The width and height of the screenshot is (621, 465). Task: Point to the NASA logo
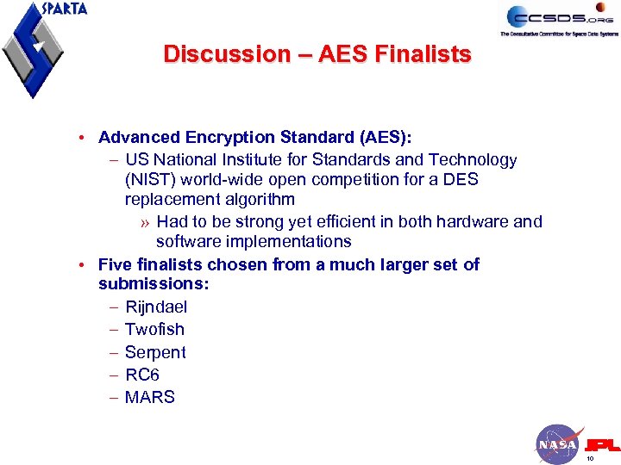coord(556,444)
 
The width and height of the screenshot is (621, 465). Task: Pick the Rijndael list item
coord(156,307)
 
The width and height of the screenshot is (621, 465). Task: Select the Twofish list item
coord(154,329)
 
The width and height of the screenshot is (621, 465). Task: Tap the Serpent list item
coord(155,352)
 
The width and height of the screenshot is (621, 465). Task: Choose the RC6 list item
coord(142,375)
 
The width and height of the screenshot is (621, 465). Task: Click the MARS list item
coord(150,397)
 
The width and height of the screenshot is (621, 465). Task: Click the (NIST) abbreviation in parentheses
coord(150,180)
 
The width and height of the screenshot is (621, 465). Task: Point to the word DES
coord(461,180)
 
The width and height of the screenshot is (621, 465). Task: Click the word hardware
coord(474,221)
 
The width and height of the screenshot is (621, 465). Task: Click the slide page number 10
coord(590,459)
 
